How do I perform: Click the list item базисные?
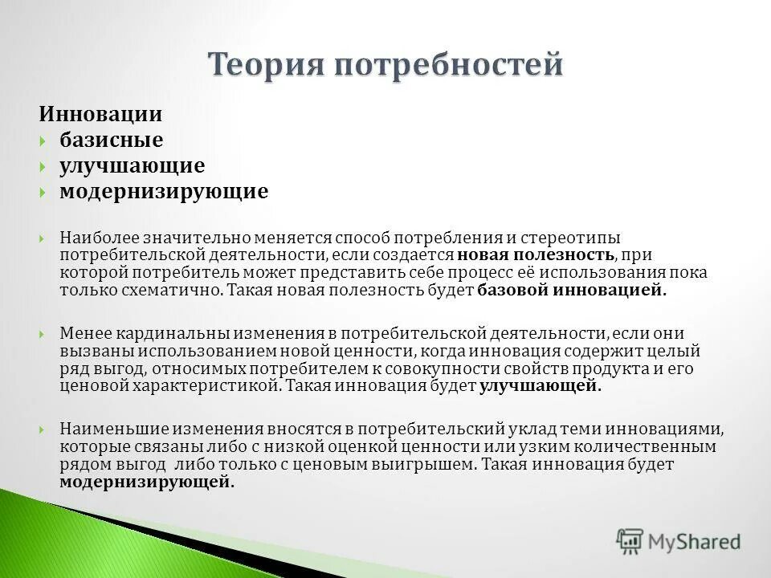111,140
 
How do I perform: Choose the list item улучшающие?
132,166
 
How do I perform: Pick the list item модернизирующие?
164,193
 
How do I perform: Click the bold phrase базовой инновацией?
572,291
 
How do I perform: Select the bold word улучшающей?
541,385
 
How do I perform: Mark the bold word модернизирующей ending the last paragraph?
146,482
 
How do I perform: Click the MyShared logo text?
696,542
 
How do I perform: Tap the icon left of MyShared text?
630,542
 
